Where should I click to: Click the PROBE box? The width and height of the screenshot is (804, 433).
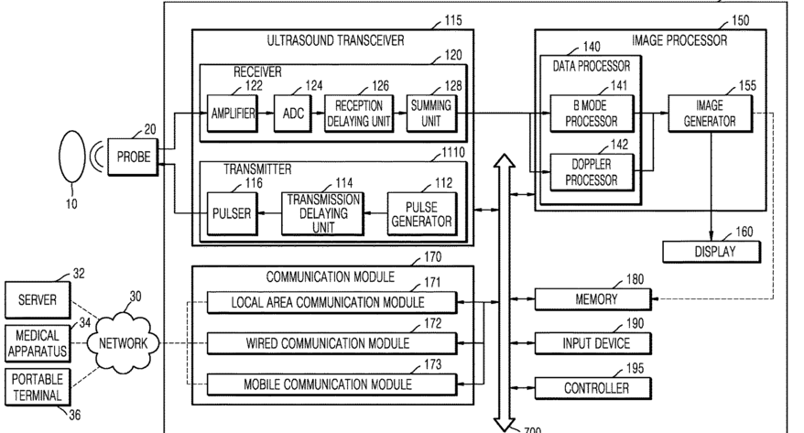pos(134,157)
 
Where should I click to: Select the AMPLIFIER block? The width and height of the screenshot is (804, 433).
pos(233,114)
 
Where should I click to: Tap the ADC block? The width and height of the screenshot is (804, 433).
pos(293,114)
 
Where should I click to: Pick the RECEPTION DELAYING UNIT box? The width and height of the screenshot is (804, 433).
pos(359,114)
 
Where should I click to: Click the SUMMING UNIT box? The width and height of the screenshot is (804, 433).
pos(430,114)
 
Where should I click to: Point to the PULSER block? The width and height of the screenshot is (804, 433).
pos(232,213)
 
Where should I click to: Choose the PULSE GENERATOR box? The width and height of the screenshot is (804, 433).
pos(421,213)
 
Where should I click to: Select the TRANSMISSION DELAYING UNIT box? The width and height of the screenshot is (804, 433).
pos(323,213)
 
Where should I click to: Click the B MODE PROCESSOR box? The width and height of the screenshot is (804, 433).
pos(592,114)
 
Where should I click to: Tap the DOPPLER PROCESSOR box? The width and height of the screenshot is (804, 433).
pos(592,172)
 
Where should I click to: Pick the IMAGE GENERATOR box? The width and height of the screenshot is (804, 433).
pos(711,114)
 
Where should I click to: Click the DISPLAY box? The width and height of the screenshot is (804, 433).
pos(712,252)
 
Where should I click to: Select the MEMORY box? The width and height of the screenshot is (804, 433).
pos(593,299)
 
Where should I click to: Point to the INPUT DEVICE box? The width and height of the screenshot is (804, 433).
pos(593,343)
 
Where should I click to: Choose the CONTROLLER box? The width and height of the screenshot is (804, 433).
pos(593,388)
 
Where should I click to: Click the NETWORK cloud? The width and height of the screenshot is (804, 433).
pos(123,342)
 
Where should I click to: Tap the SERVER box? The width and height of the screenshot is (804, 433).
pos(38,299)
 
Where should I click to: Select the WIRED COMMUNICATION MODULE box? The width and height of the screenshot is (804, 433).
pos(331,343)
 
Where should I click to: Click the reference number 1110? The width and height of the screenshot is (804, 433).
pos(453,152)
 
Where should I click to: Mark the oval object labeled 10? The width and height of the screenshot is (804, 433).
pos(71,157)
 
